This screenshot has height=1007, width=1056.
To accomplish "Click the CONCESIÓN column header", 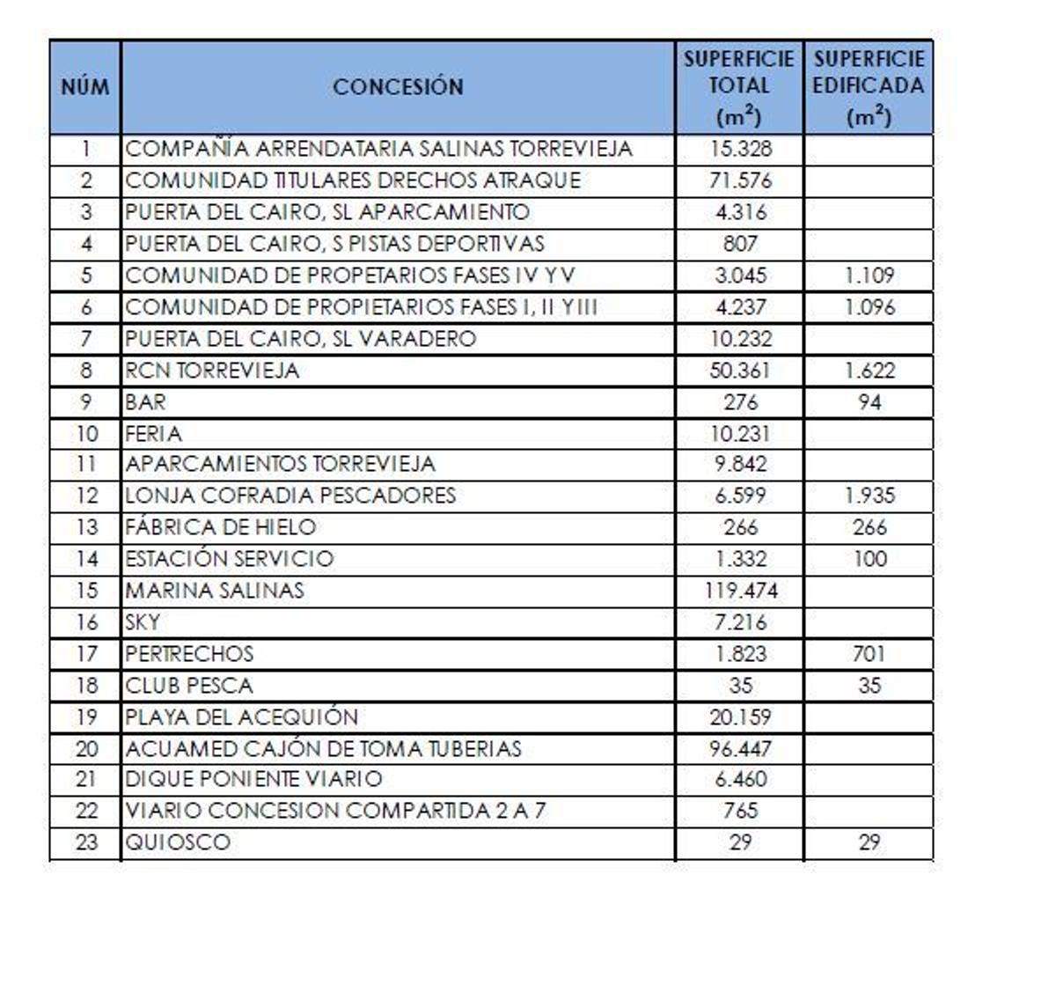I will click(x=398, y=87).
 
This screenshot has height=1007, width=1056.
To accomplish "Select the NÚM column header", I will click(x=85, y=87).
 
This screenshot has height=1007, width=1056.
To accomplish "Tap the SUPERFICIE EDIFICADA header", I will click(x=869, y=87).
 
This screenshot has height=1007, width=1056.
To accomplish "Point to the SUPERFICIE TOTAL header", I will click(x=739, y=87).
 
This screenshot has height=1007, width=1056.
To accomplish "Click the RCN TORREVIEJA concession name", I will click(x=212, y=371).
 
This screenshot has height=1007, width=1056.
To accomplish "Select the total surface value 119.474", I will click(x=740, y=590).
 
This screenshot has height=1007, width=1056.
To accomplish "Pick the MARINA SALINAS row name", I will click(x=215, y=590).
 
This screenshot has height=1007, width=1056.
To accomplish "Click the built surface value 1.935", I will click(x=869, y=496).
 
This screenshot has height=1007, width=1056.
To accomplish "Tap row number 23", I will click(x=86, y=842).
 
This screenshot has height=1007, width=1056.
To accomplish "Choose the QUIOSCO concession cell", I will click(x=178, y=842).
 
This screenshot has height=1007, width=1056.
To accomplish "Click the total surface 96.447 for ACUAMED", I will click(x=740, y=749).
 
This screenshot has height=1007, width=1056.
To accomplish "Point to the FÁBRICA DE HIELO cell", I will click(x=221, y=527).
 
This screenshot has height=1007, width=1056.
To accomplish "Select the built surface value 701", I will click(x=869, y=654).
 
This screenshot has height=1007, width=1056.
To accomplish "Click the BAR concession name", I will click(x=145, y=402).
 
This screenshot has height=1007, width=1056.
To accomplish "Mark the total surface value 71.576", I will click(x=740, y=180).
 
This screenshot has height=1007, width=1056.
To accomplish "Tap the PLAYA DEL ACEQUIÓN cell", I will click(x=241, y=717).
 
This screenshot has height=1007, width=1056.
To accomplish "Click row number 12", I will click(x=86, y=496).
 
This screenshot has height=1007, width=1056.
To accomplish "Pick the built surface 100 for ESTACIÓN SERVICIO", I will click(x=869, y=559).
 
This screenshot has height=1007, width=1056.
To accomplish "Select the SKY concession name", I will click(x=143, y=622).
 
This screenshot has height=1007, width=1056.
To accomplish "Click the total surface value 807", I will click(x=740, y=244).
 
